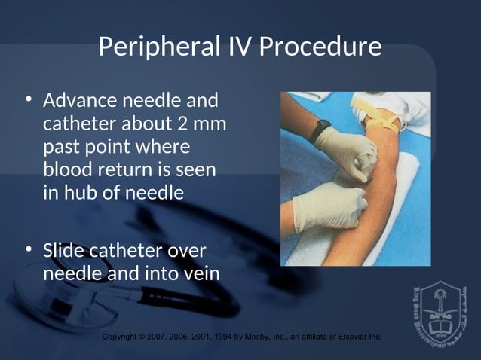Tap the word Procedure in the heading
click(x=320, y=48)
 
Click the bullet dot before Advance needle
click(x=29, y=100)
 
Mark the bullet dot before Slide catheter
click(x=29, y=250)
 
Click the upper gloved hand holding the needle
click(x=348, y=148)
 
